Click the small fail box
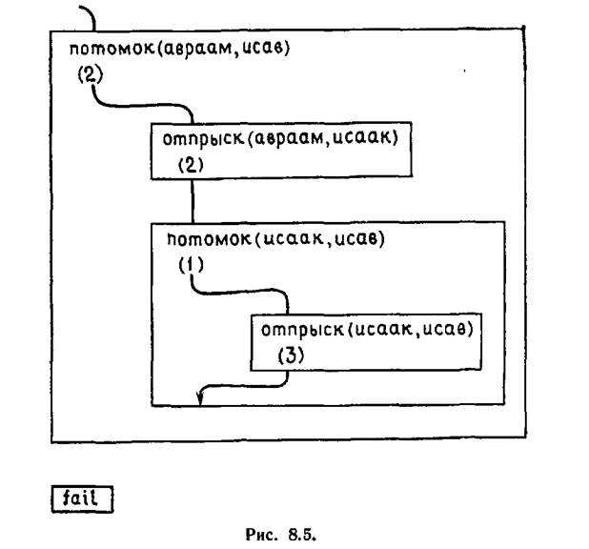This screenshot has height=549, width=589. pos(81,498)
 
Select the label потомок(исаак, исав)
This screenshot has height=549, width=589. pos(274,238)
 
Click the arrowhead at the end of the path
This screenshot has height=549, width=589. pos(199,398)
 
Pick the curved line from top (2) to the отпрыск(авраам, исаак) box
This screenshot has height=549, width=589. pos(143,105)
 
